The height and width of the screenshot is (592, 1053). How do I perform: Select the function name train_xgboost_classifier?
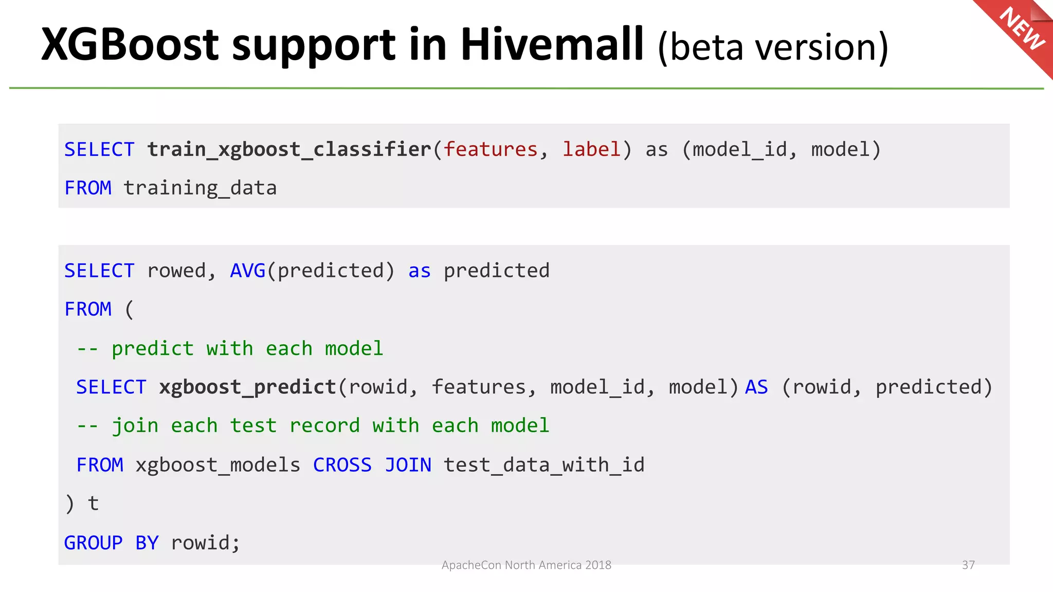tap(289, 150)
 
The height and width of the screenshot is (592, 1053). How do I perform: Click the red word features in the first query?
tap(491, 150)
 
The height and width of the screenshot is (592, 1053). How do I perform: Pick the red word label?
tap(591, 150)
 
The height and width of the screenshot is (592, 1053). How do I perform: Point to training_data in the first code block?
tap(200, 188)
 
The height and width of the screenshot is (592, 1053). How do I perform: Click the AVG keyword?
tap(247, 271)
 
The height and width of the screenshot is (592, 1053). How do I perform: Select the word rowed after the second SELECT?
tap(176, 271)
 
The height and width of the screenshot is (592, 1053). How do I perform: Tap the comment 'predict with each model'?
tap(230, 349)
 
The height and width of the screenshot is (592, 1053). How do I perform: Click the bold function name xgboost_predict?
tap(247, 387)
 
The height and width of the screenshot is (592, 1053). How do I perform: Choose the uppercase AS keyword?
tap(756, 387)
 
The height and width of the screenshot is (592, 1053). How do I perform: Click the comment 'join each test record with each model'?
tap(313, 426)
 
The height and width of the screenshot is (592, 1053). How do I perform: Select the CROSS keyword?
tap(342, 465)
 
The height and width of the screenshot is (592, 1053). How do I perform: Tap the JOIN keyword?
tap(408, 465)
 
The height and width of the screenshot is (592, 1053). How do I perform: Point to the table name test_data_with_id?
tap(544, 465)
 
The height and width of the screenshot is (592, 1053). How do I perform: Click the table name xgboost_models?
tap(217, 465)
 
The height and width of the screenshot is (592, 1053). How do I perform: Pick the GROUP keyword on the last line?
tap(93, 543)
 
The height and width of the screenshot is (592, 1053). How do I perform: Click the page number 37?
tap(968, 565)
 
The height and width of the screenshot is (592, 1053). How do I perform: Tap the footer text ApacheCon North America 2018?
tap(526, 565)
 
